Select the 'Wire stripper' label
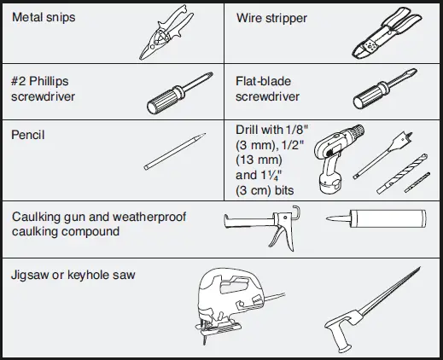[271, 17]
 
